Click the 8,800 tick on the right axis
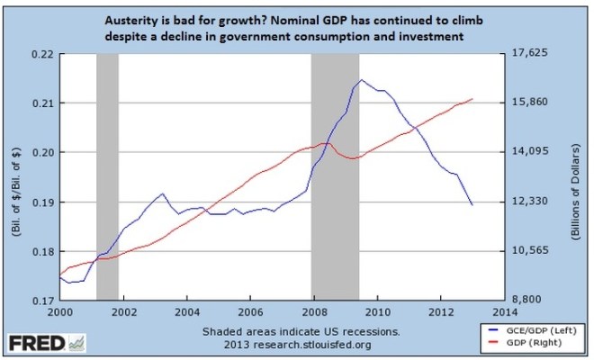click(528, 301)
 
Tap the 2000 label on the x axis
click(58, 312)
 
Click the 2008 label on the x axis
click(313, 312)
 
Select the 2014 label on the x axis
click(504, 312)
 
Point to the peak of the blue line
click(361, 80)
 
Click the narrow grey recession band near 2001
click(108, 175)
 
